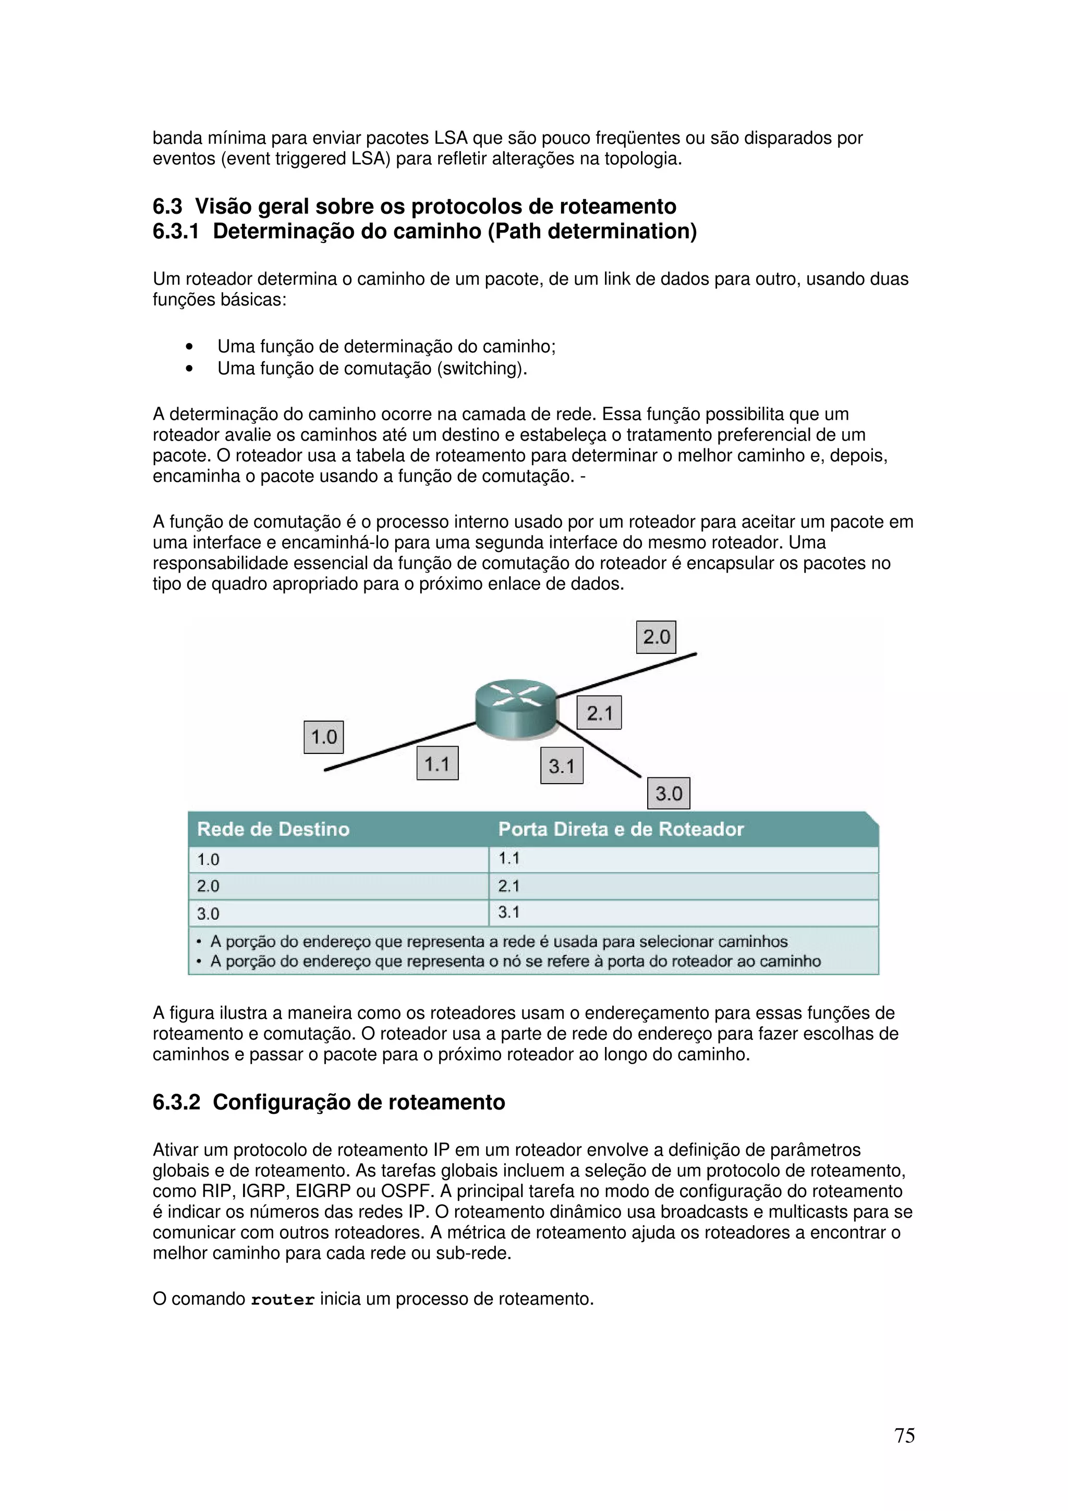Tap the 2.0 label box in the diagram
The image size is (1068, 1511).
[x=656, y=637]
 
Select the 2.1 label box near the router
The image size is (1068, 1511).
[x=599, y=713]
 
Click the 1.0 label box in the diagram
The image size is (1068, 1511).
[x=323, y=737]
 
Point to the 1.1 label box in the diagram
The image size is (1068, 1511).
[x=437, y=763]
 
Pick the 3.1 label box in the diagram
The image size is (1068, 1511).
[x=561, y=766]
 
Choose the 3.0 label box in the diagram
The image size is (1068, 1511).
[x=668, y=793]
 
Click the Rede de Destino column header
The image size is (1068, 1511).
[x=273, y=829]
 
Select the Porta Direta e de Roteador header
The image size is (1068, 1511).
[x=621, y=829]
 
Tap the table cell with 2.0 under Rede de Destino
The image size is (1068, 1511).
[x=338, y=886]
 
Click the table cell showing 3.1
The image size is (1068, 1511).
[x=683, y=913]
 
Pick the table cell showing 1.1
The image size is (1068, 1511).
[x=683, y=859]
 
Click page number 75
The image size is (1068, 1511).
[x=904, y=1435]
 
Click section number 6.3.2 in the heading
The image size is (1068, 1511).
[x=176, y=1102]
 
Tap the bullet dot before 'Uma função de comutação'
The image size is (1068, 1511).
[x=189, y=369]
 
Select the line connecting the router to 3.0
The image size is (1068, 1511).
[x=599, y=750]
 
